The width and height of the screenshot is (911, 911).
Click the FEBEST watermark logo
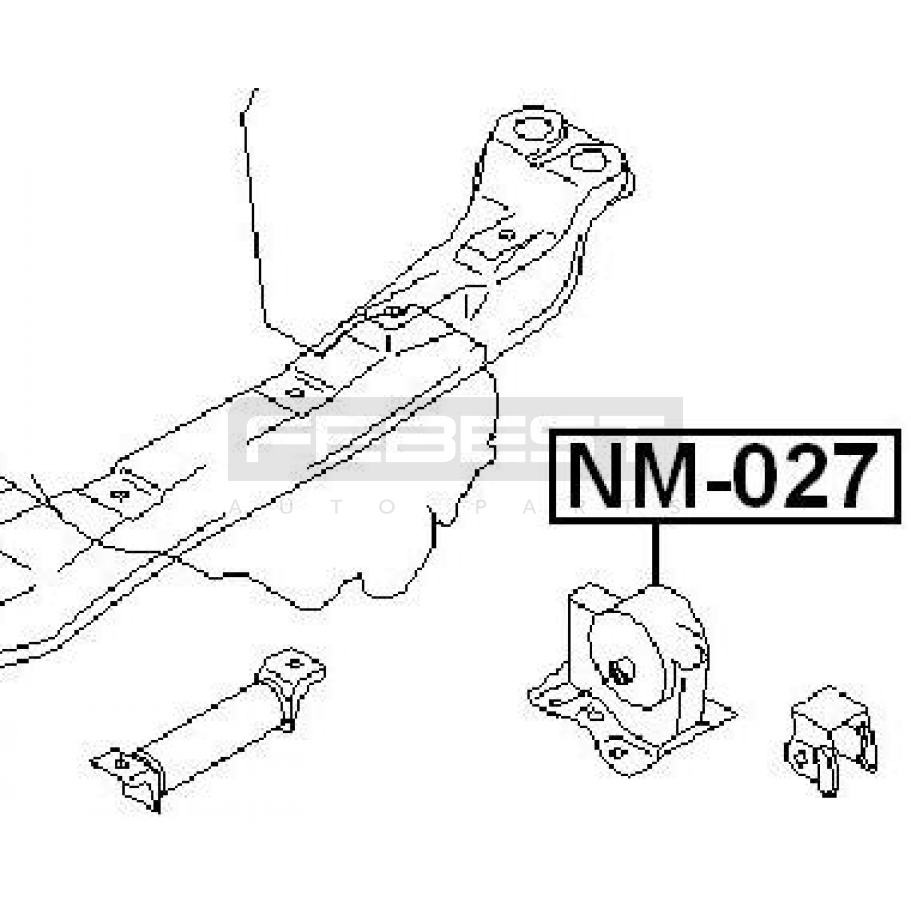(x=455, y=438)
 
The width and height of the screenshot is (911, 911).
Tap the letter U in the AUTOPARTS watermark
(x=286, y=507)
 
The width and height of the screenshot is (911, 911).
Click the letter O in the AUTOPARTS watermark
(x=387, y=507)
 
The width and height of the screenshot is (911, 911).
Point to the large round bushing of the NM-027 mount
(x=626, y=660)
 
